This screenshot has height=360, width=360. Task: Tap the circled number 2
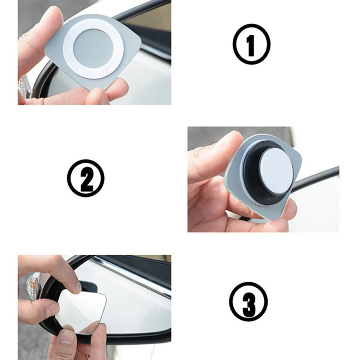click(86, 178)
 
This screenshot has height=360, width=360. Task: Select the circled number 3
click(249, 301)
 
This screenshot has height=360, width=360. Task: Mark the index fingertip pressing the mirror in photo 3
click(72, 284)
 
